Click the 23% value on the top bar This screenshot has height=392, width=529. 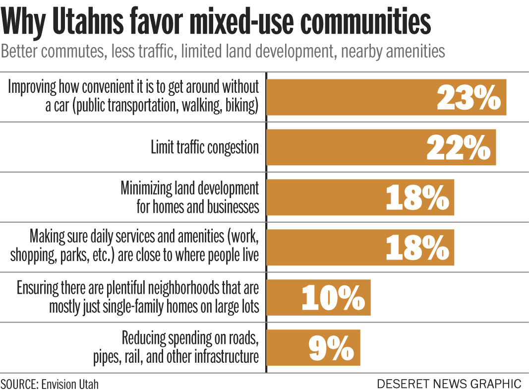pos(469,97)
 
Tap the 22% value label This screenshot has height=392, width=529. pos(459,147)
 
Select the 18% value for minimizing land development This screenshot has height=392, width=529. pos(417,197)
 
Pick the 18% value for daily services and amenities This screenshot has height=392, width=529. pos(417,248)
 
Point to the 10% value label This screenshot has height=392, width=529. pos(333,298)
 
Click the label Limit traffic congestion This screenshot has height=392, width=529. pos(205,147)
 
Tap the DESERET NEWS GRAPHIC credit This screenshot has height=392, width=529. pos(449,384)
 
